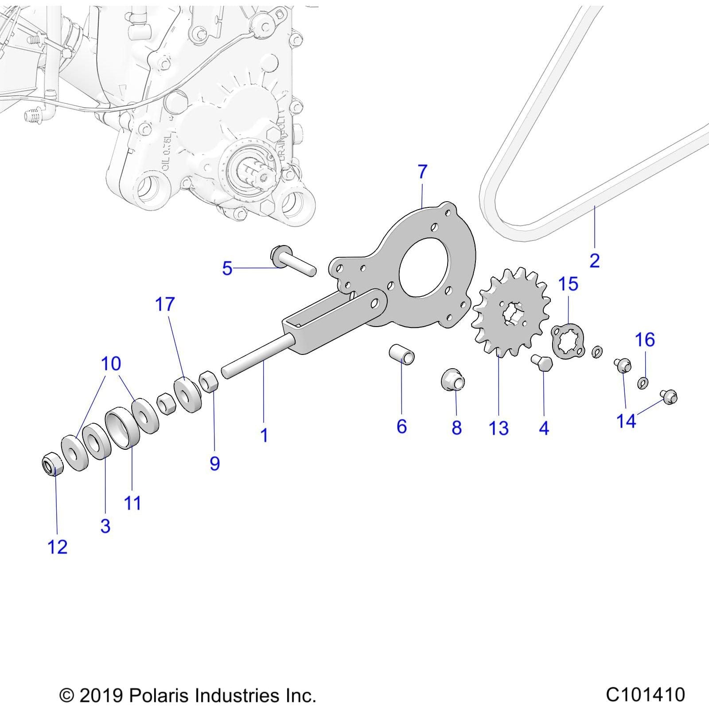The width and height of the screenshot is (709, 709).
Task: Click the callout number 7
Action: (422, 171)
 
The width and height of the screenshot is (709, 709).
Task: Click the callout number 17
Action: (165, 304)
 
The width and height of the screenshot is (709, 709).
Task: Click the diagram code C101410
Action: (645, 694)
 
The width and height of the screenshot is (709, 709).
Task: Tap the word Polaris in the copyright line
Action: (160, 695)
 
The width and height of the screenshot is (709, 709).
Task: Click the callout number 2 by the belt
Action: (595, 261)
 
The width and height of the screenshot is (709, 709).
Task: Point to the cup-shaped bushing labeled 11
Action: (123, 428)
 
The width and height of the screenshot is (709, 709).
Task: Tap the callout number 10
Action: (111, 364)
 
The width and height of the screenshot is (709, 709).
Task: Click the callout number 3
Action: (105, 526)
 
